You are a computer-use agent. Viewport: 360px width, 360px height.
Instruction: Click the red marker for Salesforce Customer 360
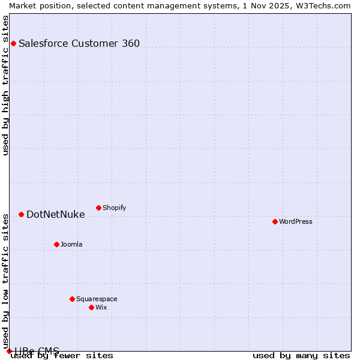tap(13, 43)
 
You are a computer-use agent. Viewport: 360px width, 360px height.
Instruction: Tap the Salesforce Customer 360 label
tap(79, 43)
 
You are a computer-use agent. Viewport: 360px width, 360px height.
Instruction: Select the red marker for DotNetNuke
tap(21, 214)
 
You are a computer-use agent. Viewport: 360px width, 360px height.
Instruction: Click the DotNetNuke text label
tap(56, 214)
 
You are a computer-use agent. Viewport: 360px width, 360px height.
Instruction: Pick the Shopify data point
tap(98, 208)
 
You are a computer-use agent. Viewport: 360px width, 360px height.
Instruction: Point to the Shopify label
tap(115, 208)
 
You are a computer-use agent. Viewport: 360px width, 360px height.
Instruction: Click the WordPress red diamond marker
tap(275, 221)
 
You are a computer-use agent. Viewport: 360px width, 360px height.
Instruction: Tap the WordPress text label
tap(296, 221)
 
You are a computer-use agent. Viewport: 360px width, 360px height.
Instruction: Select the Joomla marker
tap(56, 244)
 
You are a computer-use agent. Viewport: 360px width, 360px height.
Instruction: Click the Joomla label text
tap(71, 244)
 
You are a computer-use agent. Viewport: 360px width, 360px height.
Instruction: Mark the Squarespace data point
tap(72, 299)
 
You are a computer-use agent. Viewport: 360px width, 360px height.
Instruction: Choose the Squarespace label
tap(97, 299)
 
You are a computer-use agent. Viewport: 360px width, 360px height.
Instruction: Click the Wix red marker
tap(91, 307)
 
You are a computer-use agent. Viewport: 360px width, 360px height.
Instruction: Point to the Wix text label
tap(101, 307)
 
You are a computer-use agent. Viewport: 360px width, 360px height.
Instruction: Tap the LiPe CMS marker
tap(9, 351)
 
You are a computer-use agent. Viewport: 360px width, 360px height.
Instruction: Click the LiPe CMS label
tap(37, 350)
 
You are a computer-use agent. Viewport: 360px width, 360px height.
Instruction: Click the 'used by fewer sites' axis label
tap(62, 356)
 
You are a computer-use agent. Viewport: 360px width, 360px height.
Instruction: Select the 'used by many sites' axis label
tap(301, 356)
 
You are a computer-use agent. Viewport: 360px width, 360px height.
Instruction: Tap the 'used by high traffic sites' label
tap(6, 85)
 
